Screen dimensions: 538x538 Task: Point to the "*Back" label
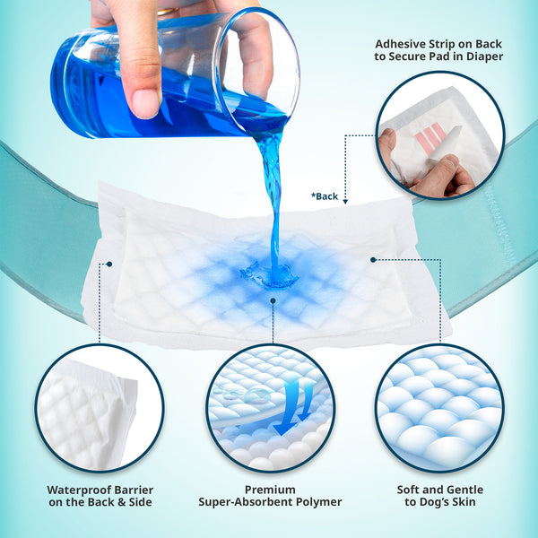pos(325,195)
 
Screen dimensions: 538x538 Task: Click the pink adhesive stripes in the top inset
pos(431,135)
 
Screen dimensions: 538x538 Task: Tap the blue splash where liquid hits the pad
pos(269,274)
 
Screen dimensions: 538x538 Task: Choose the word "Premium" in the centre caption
pos(271,490)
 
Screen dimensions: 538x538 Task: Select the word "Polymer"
pos(320,503)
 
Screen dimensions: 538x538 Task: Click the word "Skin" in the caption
pos(468,503)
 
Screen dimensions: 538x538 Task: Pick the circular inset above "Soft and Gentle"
pos(439,408)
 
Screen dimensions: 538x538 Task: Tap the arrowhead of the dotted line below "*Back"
pos(346,203)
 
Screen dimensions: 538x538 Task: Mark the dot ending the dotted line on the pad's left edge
pos(108,264)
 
